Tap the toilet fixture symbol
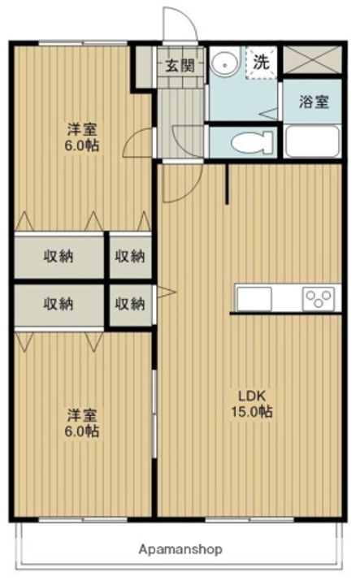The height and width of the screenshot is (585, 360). pyautogui.click(x=252, y=142)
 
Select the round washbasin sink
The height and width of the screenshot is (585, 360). pyautogui.click(x=224, y=64)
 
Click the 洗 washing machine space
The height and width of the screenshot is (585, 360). pyautogui.click(x=261, y=62)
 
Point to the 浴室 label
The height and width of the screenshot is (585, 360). pyautogui.click(x=314, y=102)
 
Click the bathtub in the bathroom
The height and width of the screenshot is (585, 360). pyautogui.click(x=312, y=141)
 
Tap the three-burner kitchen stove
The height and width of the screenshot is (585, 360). pyautogui.click(x=319, y=298)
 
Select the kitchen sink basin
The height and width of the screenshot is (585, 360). pyautogui.click(x=254, y=299)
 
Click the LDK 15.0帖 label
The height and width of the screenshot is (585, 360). pyautogui.click(x=252, y=404)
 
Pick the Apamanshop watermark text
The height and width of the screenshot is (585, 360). pyautogui.click(x=180, y=549)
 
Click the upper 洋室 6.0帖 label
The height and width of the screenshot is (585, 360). pyautogui.click(x=82, y=137)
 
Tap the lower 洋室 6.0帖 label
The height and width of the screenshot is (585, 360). pyautogui.click(x=82, y=423)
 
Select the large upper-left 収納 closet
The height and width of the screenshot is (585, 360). pyautogui.click(x=59, y=256)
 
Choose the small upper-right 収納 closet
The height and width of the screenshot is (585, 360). pyautogui.click(x=130, y=256)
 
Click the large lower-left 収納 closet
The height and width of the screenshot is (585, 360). pyautogui.click(x=59, y=305)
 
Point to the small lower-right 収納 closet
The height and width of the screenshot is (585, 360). pyautogui.click(x=130, y=305)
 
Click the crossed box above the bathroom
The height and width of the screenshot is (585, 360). pyautogui.click(x=312, y=59)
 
